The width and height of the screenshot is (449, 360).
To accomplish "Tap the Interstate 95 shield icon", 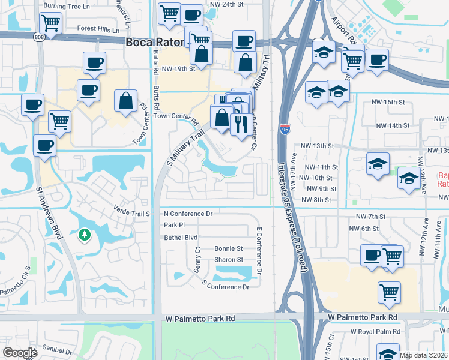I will pyautogui.click(x=285, y=128).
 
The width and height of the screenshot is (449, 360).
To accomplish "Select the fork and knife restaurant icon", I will pyautogui.click(x=241, y=124).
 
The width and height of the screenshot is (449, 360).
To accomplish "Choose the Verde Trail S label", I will pyautogui.click(x=131, y=211).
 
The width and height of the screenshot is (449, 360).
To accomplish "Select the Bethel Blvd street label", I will pyautogui.click(x=181, y=238).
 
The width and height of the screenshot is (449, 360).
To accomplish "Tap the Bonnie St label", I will pyautogui.click(x=229, y=248).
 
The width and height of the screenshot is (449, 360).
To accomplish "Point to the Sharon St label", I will pyautogui.click(x=229, y=260).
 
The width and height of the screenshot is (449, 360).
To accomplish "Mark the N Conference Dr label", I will pyautogui.click(x=188, y=214).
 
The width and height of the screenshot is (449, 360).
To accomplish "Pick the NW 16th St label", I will pyautogui.click(x=388, y=103).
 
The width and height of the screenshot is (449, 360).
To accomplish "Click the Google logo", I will pyautogui.click(x=20, y=353).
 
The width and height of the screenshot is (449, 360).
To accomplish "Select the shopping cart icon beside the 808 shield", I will pyautogui.click(x=51, y=23).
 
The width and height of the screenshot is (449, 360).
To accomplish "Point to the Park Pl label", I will pyautogui.click(x=173, y=225).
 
